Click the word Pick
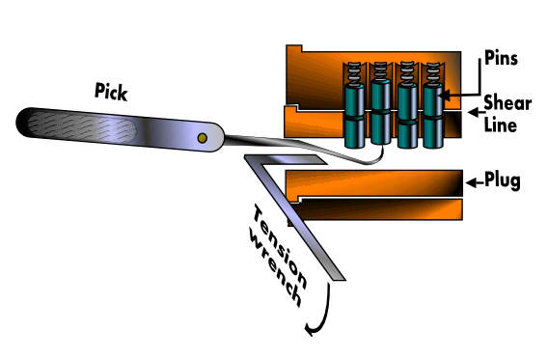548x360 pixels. click(x=113, y=92)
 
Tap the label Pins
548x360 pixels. click(x=503, y=59)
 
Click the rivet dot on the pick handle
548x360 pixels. click(x=202, y=139)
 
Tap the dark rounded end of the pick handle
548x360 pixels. click(x=29, y=123)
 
